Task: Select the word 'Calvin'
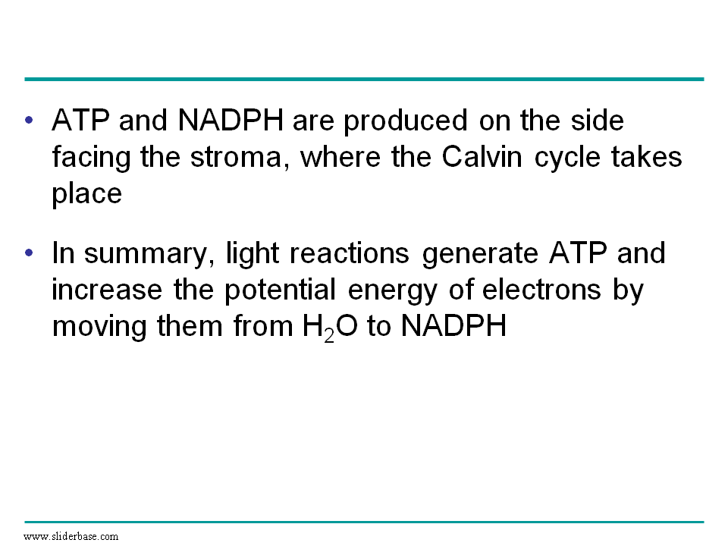pyautogui.click(x=482, y=156)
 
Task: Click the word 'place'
pyautogui.click(x=86, y=195)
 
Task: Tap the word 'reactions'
pyautogui.click(x=349, y=253)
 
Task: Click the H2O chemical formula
pyautogui.click(x=330, y=328)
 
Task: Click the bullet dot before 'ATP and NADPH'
pyautogui.click(x=30, y=121)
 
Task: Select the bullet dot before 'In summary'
pyautogui.click(x=30, y=253)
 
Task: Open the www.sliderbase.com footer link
pyautogui.click(x=71, y=536)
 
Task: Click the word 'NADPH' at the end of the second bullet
pyautogui.click(x=453, y=325)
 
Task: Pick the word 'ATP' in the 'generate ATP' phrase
pyautogui.click(x=578, y=253)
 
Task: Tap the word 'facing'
pyautogui.click(x=92, y=158)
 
